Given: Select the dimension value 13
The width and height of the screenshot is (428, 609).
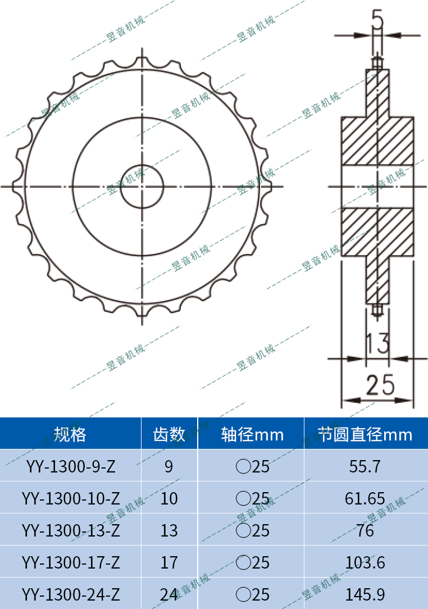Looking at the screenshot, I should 377,343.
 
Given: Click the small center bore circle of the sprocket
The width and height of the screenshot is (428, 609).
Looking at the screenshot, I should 142,186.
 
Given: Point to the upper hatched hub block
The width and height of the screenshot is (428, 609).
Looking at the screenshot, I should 377,140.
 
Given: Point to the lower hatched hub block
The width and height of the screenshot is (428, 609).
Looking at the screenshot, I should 377,231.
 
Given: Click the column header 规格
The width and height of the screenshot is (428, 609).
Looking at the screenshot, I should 70,434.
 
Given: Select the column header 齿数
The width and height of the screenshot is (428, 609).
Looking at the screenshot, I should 169,434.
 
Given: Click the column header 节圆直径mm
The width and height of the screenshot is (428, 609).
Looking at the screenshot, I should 366,434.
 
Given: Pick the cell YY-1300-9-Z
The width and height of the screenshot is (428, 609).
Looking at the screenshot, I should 71,466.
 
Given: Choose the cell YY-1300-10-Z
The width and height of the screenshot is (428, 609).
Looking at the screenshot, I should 71,498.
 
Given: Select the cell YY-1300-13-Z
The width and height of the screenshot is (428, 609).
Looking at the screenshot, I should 71,530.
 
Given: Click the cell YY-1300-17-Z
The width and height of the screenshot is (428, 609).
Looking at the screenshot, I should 71,562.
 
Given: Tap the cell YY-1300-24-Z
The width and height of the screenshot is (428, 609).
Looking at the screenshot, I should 71,594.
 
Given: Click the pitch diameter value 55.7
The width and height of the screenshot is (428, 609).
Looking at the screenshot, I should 365,466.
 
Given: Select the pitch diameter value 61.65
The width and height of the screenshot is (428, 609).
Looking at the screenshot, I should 365,498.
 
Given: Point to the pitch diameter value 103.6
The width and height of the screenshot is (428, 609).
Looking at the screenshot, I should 365,562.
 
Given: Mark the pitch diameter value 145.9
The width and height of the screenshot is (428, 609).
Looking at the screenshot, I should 365,594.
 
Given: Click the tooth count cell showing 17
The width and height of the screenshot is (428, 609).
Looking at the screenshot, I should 169,562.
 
